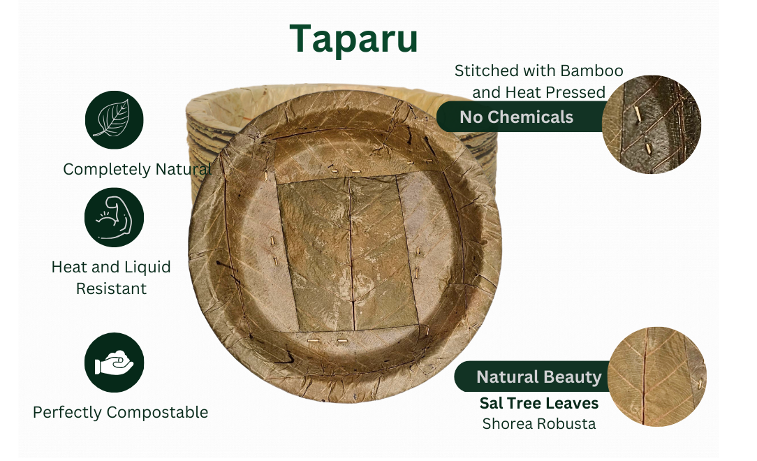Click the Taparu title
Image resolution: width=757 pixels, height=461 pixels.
353,39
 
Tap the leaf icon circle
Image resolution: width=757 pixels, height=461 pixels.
115,119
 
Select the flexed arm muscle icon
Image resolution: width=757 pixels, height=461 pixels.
115,218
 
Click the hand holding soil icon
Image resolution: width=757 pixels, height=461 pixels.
115,363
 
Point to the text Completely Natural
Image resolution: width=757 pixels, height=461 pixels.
137,170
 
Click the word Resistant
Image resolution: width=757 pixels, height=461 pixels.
111,288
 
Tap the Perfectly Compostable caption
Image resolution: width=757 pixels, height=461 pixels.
121,412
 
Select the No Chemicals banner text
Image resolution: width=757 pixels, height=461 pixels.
517,117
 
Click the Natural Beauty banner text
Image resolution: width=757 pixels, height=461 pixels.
539,376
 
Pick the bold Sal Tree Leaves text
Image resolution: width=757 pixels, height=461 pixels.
539,403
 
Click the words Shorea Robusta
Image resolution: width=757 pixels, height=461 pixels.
539,424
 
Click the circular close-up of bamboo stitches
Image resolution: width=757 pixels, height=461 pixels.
652,124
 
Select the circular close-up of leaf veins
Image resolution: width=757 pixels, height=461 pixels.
657,376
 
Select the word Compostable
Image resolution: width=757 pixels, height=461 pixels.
157,412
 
